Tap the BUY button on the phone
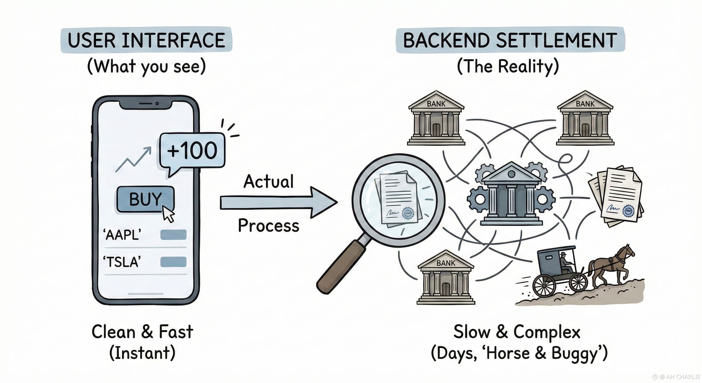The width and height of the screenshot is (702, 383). pyautogui.click(x=145, y=199)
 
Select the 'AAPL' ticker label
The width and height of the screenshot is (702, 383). pyautogui.click(x=122, y=235)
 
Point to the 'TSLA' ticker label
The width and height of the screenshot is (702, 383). pyautogui.click(x=122, y=262)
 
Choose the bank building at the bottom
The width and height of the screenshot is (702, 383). pyautogui.click(x=446, y=278)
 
